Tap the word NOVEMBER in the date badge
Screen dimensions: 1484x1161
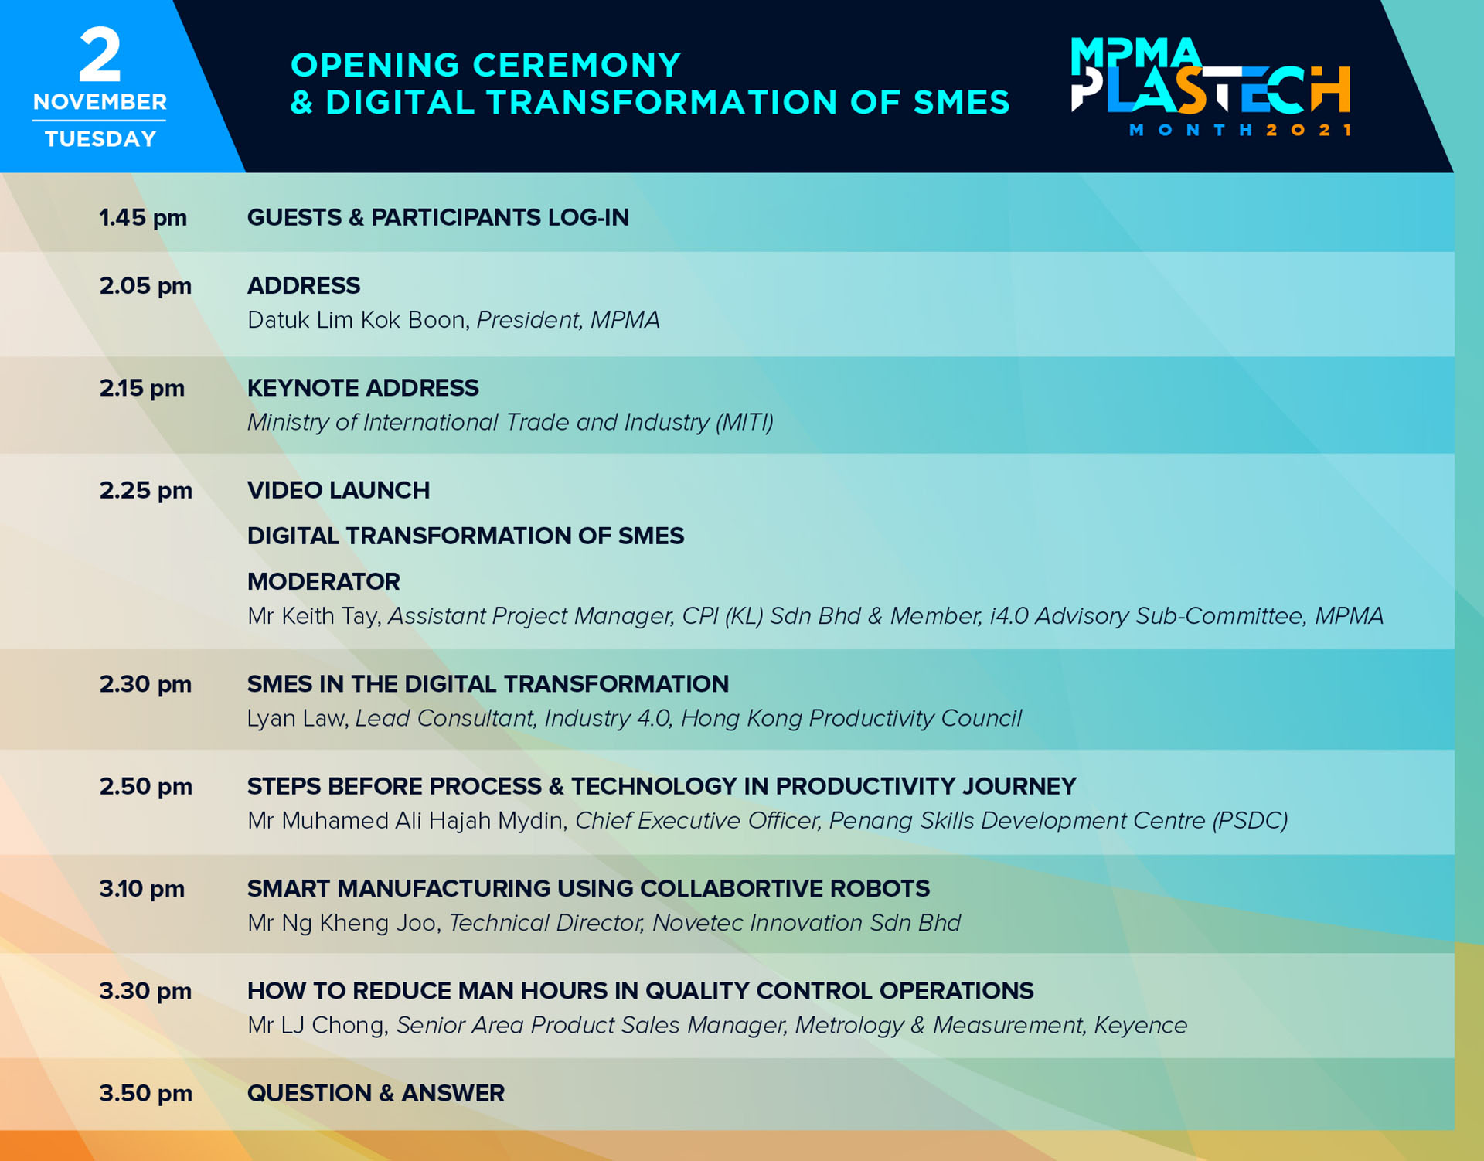pos(100,102)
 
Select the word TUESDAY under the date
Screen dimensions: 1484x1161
pos(100,139)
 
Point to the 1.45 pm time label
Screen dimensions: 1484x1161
pos(143,218)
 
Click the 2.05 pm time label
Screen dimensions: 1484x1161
pos(145,286)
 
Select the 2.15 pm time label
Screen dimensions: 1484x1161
pos(142,388)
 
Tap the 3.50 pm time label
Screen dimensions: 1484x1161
pos(145,1093)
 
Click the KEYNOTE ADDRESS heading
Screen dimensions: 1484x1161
pos(363,388)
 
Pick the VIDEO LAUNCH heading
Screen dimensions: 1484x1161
pos(339,490)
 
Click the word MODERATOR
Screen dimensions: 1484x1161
pos(324,581)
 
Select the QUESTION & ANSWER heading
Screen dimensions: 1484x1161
pos(376,1093)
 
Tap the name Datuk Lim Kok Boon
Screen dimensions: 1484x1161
pos(356,320)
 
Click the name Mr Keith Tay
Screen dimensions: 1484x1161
pos(313,616)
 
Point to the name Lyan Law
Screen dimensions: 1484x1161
pos(296,719)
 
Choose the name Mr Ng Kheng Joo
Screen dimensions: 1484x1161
pos(342,923)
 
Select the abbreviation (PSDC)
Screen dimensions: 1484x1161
pos(1250,821)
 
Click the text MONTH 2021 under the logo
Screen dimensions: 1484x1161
pos(1240,130)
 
